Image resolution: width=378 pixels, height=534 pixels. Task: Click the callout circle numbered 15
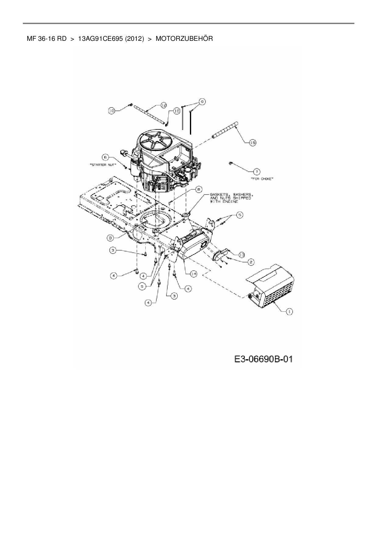252,142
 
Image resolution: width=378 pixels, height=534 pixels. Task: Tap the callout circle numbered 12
163,105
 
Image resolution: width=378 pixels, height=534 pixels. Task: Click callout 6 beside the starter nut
105,157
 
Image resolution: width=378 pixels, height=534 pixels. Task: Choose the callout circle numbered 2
251,262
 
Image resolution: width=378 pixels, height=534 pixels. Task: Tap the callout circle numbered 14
193,274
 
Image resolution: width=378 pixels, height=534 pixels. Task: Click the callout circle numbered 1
289,311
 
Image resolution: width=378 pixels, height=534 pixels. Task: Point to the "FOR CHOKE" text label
262,179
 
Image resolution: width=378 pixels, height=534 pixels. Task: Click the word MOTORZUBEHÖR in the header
184,39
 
